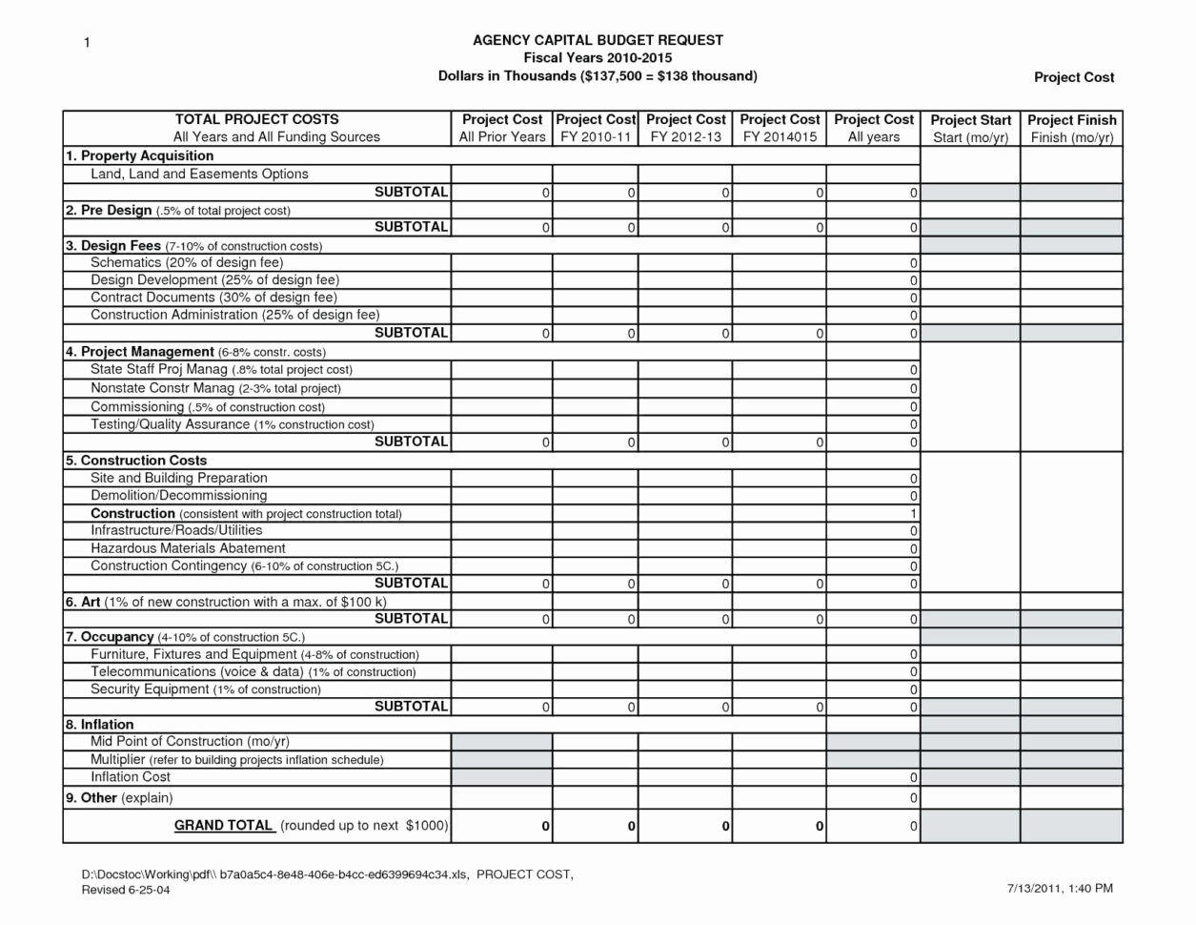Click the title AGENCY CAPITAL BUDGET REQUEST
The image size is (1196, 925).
[x=598, y=40]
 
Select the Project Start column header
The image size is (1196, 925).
[x=970, y=129]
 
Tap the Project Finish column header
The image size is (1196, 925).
[x=1071, y=129]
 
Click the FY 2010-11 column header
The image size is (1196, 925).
[x=595, y=129]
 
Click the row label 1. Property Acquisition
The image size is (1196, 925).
[x=139, y=155]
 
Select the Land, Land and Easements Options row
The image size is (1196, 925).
[x=199, y=174]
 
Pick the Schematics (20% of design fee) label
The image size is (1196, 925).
[x=187, y=262]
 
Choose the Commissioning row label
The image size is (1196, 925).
[x=207, y=406]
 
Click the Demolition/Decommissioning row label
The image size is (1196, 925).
[x=178, y=495]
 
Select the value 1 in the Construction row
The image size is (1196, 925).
[x=913, y=514]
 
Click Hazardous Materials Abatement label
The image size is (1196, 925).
[x=188, y=548]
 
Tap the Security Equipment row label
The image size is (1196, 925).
[x=205, y=689]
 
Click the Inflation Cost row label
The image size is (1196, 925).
[x=131, y=777]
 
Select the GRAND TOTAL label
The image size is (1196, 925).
[x=224, y=826]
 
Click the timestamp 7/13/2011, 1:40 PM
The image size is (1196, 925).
[x=1060, y=889]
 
